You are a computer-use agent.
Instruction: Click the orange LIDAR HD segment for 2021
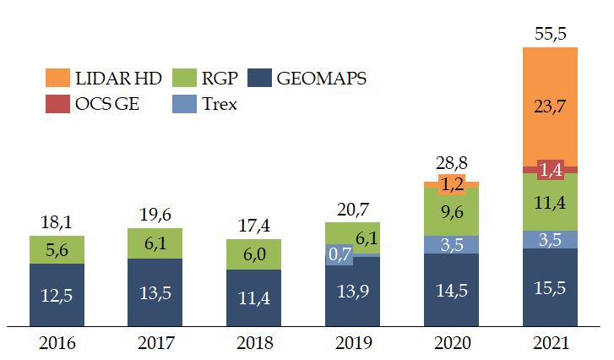[550, 106]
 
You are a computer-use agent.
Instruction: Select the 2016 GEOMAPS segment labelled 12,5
[57, 295]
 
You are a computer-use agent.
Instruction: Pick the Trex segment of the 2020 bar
[451, 244]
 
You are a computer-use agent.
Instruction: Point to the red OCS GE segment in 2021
[550, 170]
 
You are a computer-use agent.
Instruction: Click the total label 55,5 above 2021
[550, 34]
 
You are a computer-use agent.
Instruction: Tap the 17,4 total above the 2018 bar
[254, 226]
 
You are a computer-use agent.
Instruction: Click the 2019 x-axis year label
[352, 343]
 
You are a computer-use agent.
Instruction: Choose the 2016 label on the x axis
[57, 343]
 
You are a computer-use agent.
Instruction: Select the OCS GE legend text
[109, 104]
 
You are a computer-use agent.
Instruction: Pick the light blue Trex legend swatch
[186, 104]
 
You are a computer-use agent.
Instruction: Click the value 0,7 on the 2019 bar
[340, 253]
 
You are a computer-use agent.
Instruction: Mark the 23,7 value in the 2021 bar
[550, 106]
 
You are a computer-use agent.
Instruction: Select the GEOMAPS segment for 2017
[155, 292]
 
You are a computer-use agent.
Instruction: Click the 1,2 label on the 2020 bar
[451, 183]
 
